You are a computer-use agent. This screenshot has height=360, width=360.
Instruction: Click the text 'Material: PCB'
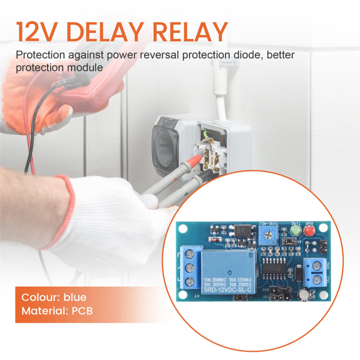(x=57, y=311)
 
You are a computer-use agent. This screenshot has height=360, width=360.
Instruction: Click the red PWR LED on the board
(x=307, y=231)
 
